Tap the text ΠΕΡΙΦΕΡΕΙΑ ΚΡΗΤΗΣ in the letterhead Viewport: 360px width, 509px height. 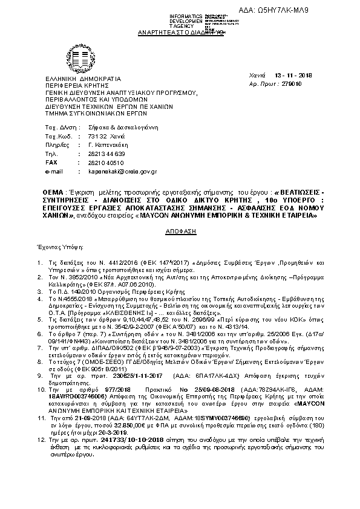[x=76, y=85]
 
